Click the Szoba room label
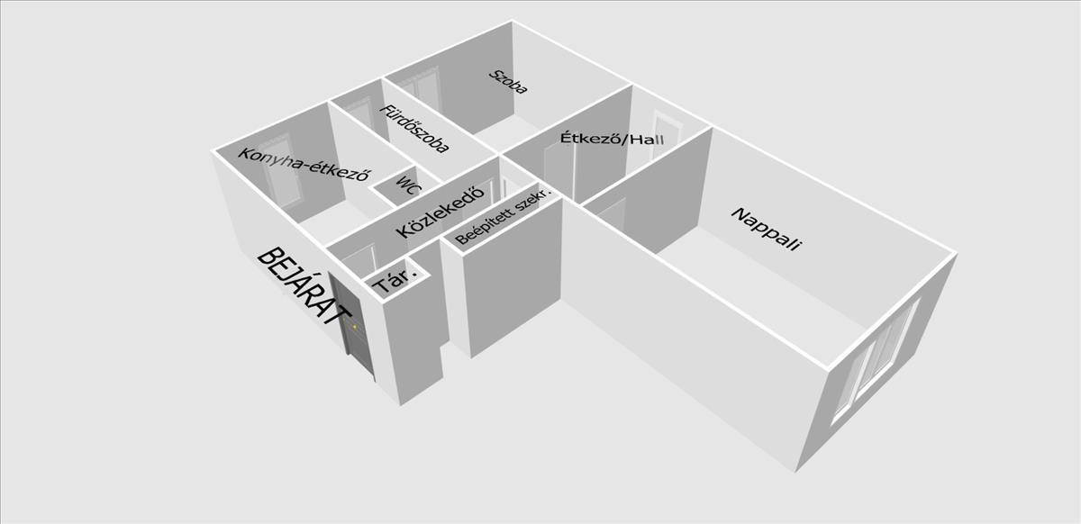(508, 82)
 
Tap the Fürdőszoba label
(414, 129)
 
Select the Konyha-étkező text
(305, 165)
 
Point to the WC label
(408, 185)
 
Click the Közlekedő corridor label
(440, 212)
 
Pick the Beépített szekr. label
(503, 216)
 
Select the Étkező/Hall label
(612, 139)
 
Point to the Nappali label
(766, 230)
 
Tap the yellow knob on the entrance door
(355, 327)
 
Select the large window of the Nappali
(875, 361)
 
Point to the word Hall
(648, 140)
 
